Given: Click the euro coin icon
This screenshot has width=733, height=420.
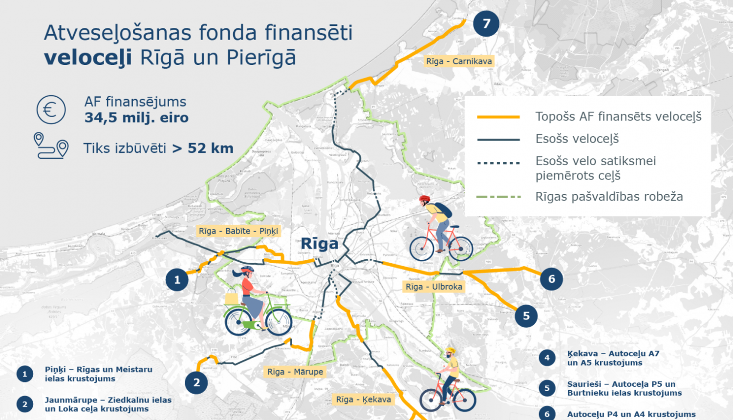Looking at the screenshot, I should [51, 109].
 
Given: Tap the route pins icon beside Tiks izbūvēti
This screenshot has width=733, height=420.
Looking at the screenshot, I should [51, 146].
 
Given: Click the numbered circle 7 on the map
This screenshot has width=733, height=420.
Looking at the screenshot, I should [486, 23].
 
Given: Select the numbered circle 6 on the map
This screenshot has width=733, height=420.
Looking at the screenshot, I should [552, 279].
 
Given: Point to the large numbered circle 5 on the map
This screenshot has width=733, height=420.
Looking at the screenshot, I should [526, 316].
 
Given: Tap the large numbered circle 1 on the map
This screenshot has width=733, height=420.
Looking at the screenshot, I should [177, 280].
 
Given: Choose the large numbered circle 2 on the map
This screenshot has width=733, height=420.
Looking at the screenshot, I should [196, 382].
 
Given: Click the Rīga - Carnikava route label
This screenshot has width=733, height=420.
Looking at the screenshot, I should [459, 61].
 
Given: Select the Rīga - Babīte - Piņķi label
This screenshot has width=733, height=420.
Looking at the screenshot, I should [238, 231].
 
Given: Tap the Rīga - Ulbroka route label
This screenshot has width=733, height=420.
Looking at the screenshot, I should [434, 287].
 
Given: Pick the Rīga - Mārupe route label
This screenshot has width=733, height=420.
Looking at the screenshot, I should [295, 372].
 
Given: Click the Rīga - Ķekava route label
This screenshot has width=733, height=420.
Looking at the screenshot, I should [364, 399].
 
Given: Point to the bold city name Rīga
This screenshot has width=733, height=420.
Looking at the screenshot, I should [320, 243].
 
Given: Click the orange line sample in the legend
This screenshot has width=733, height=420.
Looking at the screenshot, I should [498, 117].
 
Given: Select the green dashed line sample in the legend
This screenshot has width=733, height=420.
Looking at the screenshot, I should [498, 197].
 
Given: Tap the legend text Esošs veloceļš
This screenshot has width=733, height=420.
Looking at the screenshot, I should [577, 139].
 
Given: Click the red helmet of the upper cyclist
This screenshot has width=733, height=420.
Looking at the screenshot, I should [424, 200].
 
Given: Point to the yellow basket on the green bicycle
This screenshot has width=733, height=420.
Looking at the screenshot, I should [231, 298].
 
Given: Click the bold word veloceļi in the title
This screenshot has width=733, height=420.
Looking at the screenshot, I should [88, 58].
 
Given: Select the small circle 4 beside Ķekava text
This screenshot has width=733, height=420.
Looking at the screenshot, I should [547, 358].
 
